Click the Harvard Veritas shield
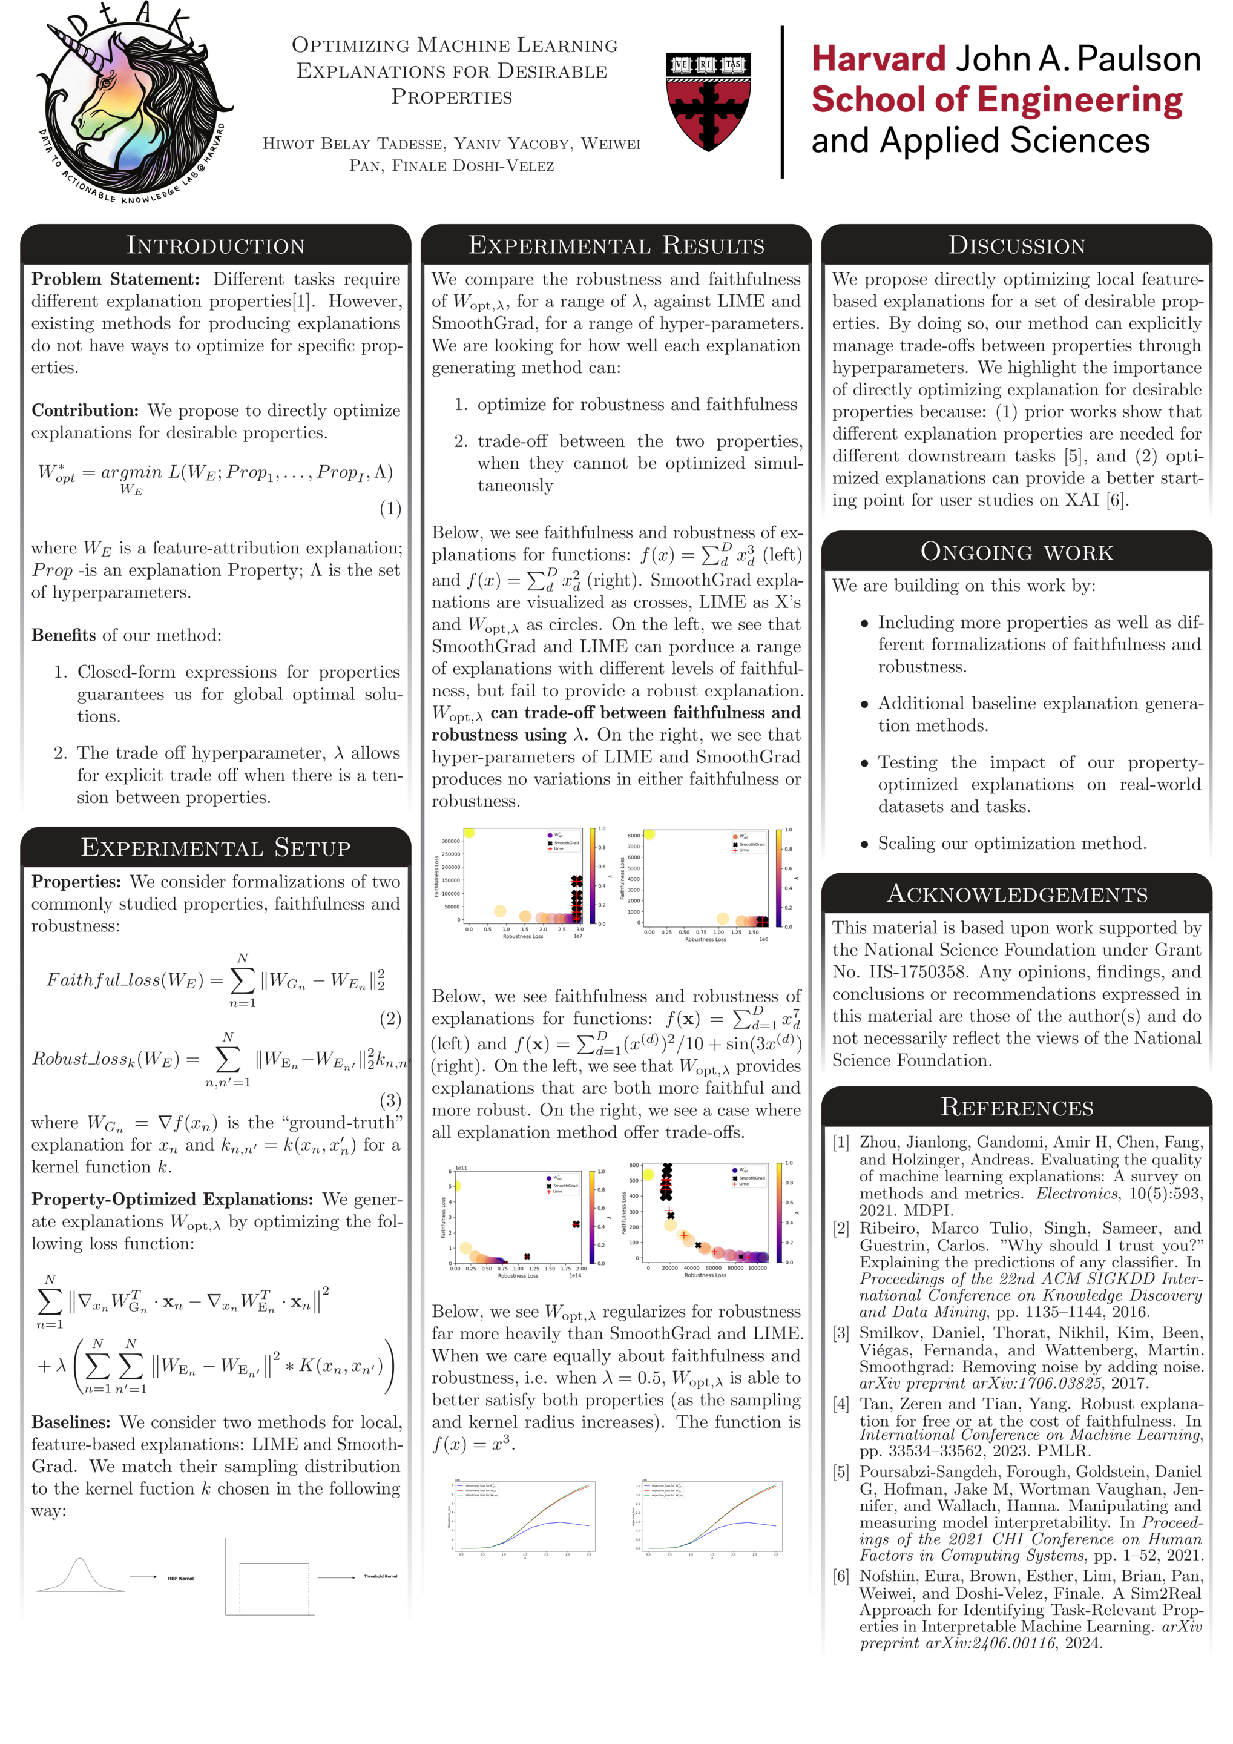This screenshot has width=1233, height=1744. click(708, 101)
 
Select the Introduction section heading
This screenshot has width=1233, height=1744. click(215, 245)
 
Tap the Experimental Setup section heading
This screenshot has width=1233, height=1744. click(215, 848)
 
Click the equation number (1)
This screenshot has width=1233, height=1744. click(390, 508)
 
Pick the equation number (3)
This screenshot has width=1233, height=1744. click(390, 1101)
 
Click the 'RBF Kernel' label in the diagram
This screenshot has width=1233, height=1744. click(181, 1579)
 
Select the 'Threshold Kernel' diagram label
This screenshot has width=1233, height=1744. click(380, 1576)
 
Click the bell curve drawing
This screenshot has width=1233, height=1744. click(80, 1574)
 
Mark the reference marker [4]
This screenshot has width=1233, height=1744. click(841, 1404)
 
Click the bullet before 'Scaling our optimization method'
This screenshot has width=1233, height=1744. click(864, 845)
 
